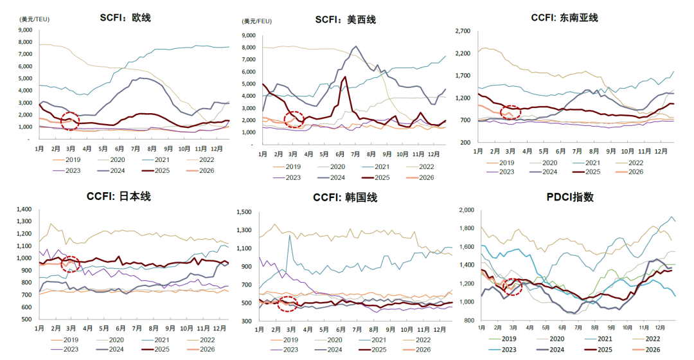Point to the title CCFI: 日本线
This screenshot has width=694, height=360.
tap(118, 196)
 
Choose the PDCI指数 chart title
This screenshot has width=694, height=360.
tap(565, 197)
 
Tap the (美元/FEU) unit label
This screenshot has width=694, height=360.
tap(256, 21)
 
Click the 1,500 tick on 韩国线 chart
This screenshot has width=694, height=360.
tap(244, 212)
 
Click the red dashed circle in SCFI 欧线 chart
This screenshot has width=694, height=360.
tap(70, 119)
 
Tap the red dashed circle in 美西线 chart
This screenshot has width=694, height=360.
tap(294, 119)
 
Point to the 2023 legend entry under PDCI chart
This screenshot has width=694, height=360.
tap(507, 349)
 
